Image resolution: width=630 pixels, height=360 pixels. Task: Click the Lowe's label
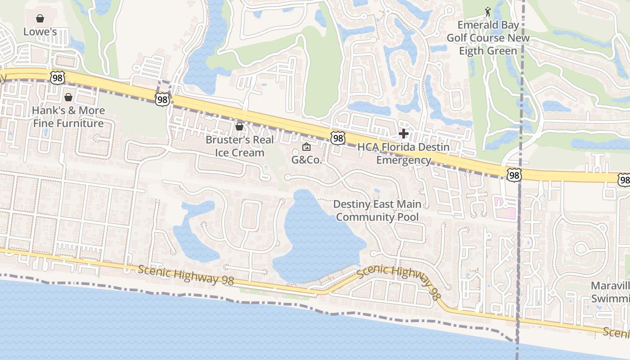point(40,32)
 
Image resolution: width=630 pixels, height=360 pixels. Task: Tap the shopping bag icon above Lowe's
point(40,18)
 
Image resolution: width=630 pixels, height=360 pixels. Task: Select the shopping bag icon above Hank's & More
point(68,97)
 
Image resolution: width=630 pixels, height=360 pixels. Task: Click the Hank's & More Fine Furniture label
point(68,117)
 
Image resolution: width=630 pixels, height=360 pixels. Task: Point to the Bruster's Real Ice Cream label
point(239,146)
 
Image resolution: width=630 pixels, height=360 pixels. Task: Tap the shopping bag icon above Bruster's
point(239,126)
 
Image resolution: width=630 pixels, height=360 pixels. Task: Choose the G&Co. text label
point(307,160)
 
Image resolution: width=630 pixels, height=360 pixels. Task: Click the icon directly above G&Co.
point(306,147)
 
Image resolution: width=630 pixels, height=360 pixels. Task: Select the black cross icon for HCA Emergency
point(404,134)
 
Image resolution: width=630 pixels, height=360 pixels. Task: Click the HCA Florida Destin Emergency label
point(404,153)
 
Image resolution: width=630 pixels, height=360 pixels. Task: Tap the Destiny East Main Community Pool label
point(377,211)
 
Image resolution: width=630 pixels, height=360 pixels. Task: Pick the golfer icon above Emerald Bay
point(488,11)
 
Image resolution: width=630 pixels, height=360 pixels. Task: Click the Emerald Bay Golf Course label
point(488,38)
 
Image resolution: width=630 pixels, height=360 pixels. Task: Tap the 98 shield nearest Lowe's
point(58,77)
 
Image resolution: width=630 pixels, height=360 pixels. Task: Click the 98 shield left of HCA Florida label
point(337,138)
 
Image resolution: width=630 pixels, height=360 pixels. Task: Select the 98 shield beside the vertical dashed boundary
point(513,175)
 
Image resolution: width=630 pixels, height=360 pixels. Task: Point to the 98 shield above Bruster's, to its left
point(162,99)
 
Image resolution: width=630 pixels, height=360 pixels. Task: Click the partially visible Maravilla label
point(610,292)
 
